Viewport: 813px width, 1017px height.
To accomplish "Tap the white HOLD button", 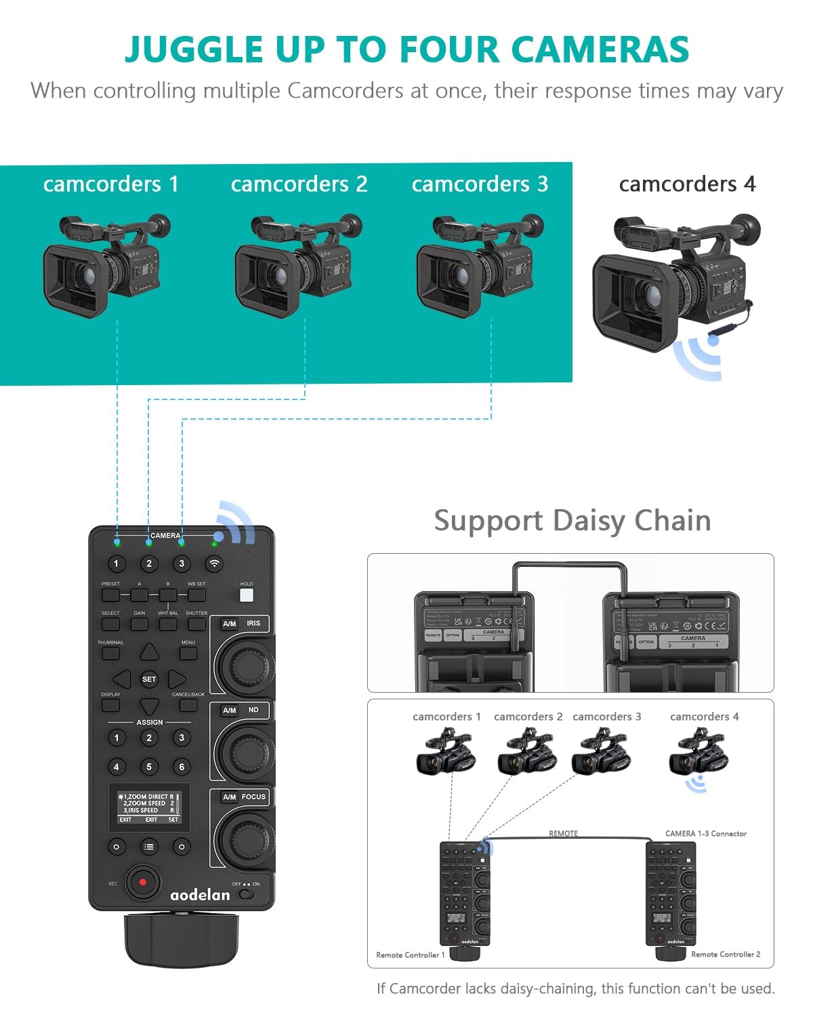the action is point(247,595).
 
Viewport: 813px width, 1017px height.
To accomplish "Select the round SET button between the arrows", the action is point(149,679).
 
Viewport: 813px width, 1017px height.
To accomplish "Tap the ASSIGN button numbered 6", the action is point(182,767).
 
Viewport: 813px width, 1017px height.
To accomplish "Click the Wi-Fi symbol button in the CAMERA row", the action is point(214,563).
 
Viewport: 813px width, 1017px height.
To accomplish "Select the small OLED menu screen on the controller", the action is point(149,807).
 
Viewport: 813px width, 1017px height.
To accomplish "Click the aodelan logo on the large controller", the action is point(200,895).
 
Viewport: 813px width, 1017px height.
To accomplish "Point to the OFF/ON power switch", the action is point(247,894).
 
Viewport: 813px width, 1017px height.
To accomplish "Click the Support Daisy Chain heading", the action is point(572,521).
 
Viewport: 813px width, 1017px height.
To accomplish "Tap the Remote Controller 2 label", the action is point(725,954).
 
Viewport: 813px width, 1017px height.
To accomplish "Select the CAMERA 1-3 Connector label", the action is point(705,833).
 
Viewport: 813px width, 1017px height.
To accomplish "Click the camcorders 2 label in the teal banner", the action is point(299,184).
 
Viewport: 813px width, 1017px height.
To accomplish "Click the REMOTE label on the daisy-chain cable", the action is point(563,833).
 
